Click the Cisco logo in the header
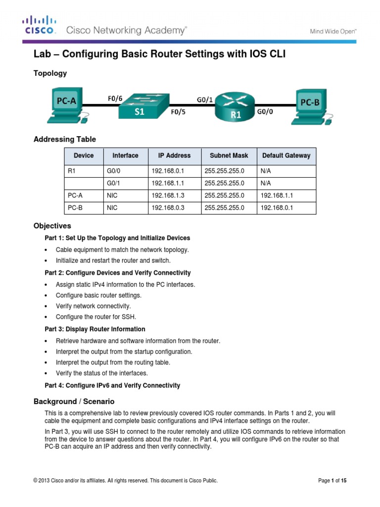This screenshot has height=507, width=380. pyautogui.click(x=40, y=25)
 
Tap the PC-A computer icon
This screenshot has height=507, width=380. pyautogui.click(x=64, y=105)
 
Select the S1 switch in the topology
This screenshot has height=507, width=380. pyautogui.click(x=142, y=106)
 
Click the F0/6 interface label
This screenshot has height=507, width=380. pyautogui.click(x=115, y=98)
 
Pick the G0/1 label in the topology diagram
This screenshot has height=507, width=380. pyautogui.click(x=205, y=100)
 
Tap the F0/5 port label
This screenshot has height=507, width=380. pyautogui.click(x=179, y=112)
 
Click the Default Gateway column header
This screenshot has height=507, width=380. pyautogui.click(x=286, y=155)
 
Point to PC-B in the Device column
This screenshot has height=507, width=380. pyautogui.click(x=75, y=208)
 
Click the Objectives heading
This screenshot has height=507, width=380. pyautogui.click(x=52, y=226)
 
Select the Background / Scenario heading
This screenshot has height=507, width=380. pyautogui.click(x=74, y=401)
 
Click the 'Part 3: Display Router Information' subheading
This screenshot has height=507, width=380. pyautogui.click(x=95, y=329)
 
